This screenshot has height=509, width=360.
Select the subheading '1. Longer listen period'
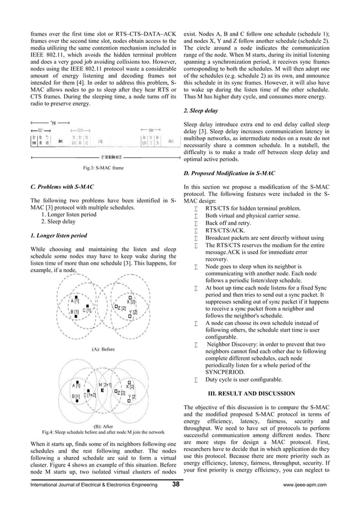tap(58, 235)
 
